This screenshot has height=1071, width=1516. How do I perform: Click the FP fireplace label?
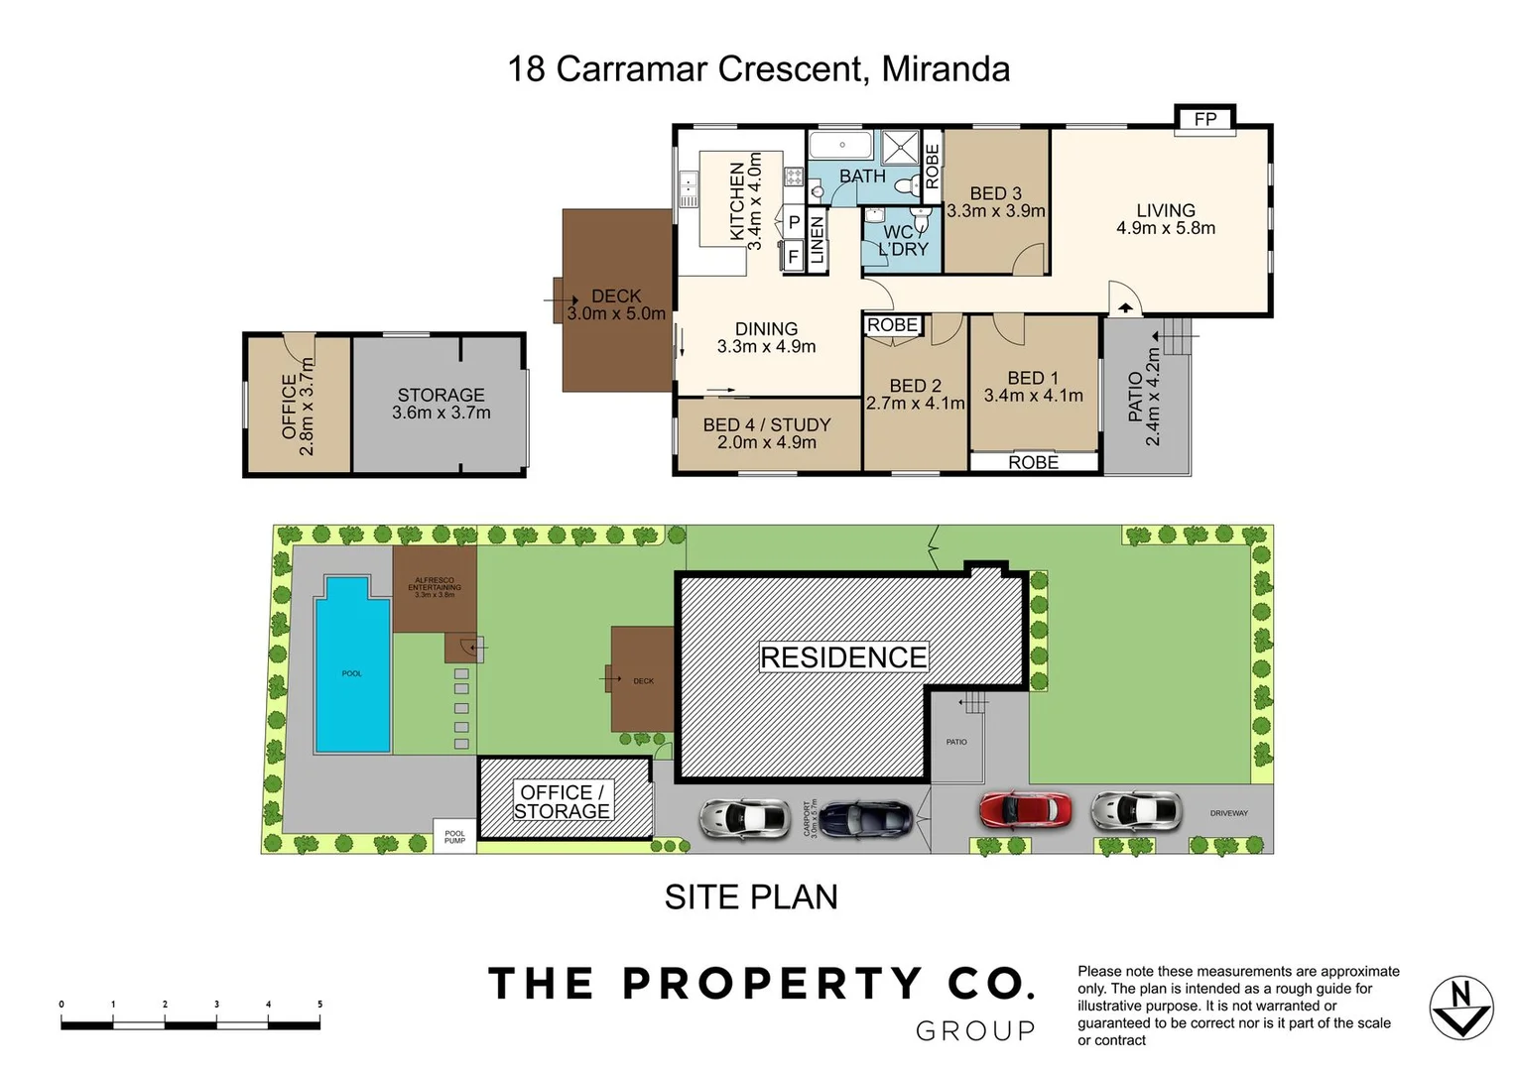point(1204,119)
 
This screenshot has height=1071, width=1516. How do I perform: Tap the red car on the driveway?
point(1026,810)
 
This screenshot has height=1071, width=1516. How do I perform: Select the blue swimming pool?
point(352,666)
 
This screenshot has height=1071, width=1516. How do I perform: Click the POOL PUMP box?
point(454,836)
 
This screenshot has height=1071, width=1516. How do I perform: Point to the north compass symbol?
point(1460,1008)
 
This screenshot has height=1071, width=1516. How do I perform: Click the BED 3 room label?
point(995,193)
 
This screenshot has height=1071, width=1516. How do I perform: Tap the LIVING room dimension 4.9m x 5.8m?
point(1165,228)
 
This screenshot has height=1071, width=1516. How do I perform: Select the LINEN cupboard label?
point(818,239)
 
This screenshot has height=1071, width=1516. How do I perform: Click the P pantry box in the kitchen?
point(794,223)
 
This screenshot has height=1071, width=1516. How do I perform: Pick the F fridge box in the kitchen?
point(793,257)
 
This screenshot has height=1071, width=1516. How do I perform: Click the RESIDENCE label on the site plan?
point(843,657)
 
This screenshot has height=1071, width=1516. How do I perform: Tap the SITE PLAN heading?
point(751,896)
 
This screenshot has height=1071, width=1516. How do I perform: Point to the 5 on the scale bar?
point(319,1005)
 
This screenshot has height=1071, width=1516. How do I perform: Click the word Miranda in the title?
point(945,69)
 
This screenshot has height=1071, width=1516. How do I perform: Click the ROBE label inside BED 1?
point(1033,462)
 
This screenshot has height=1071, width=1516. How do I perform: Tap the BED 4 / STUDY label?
point(767,424)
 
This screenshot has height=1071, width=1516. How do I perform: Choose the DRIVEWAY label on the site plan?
point(1228,813)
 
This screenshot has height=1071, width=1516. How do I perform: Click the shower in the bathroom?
point(901,148)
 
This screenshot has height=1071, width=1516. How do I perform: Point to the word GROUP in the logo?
point(975,1031)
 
